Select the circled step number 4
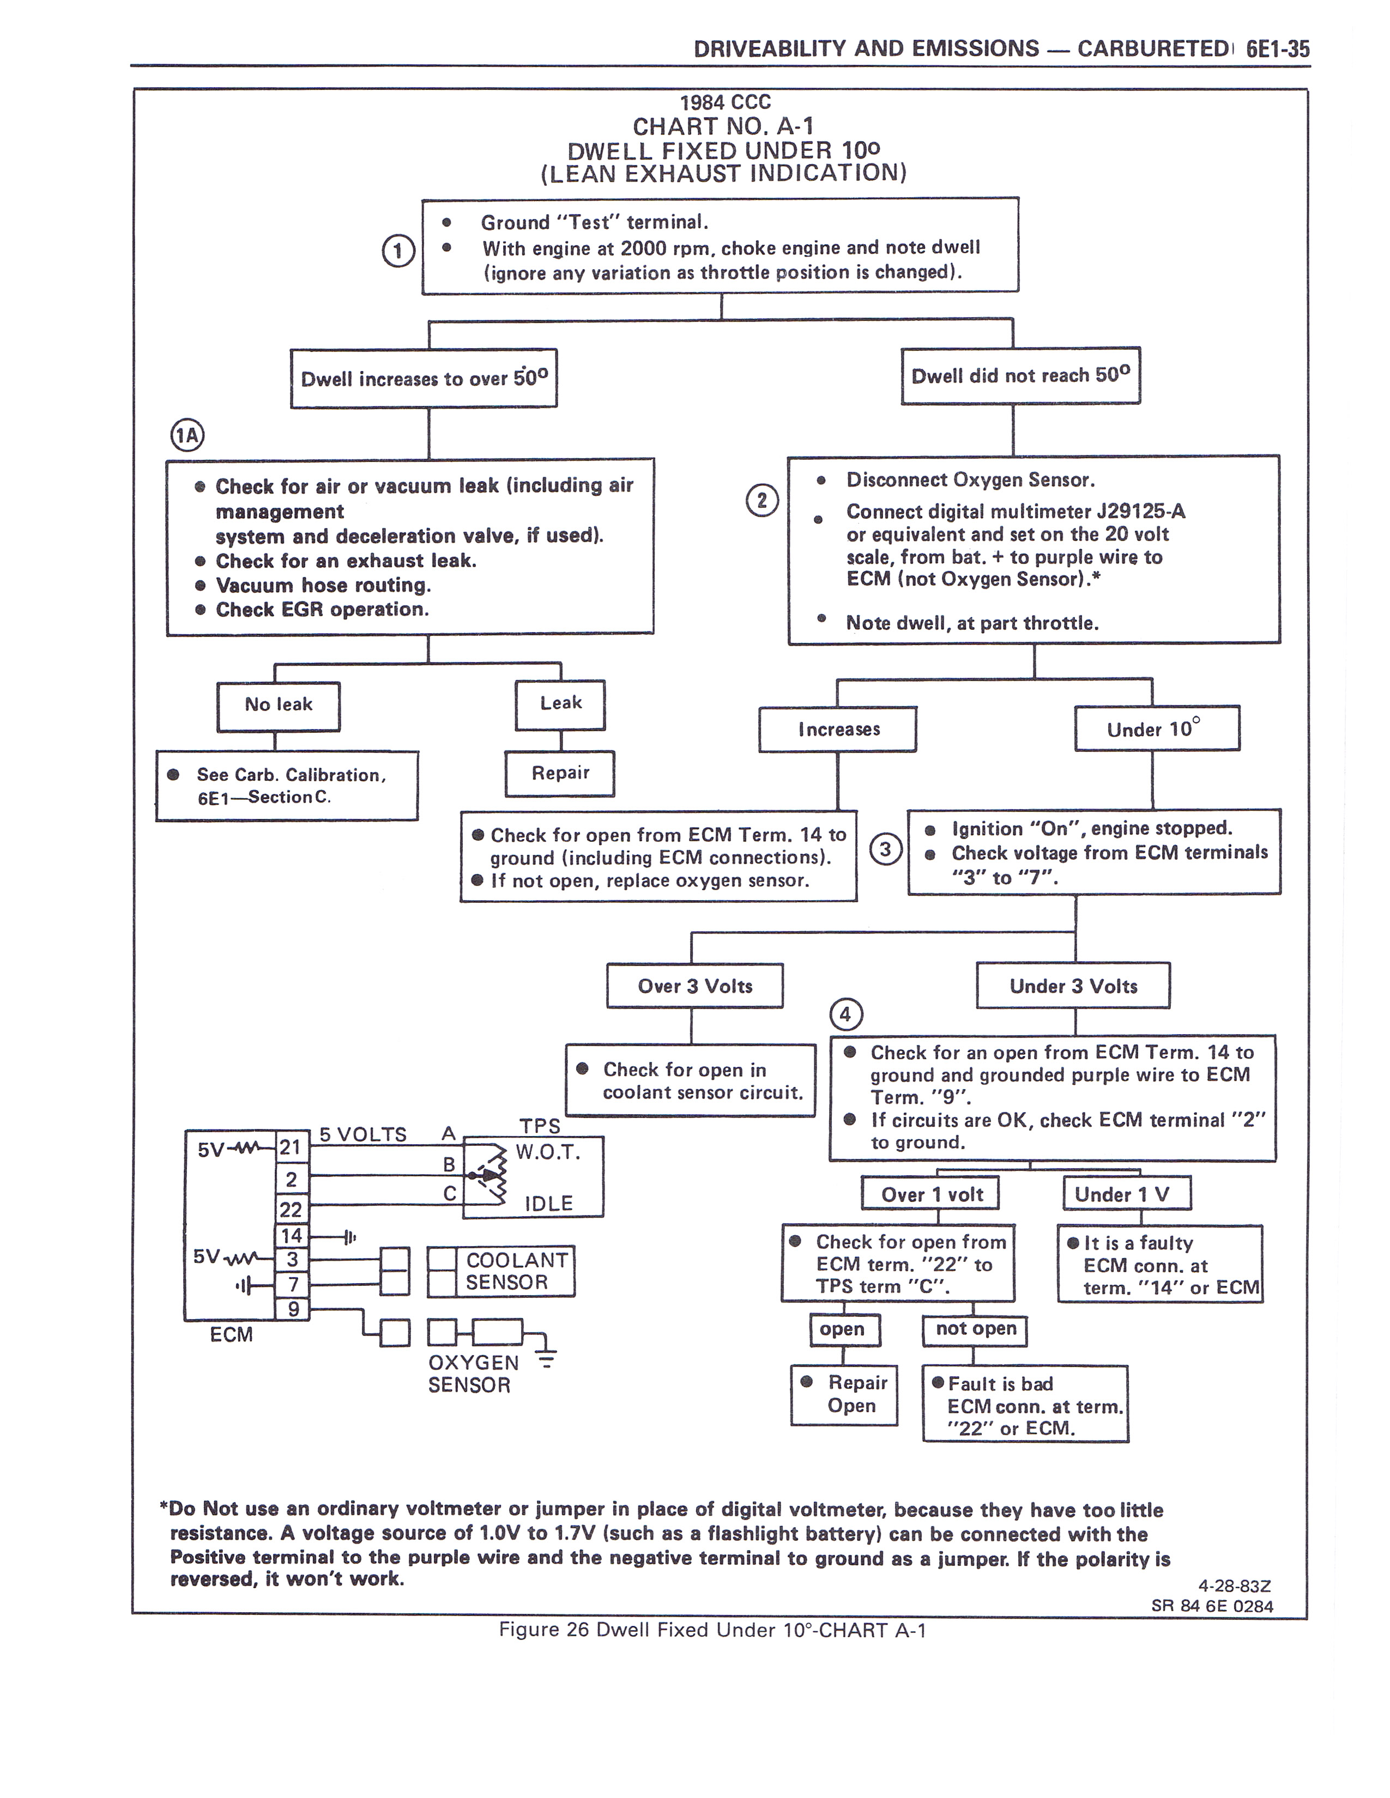click(x=845, y=1015)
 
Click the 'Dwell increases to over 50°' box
click(x=423, y=379)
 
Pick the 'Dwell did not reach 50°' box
click(x=1020, y=376)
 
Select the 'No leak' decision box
click(x=279, y=706)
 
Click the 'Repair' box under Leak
click(x=560, y=773)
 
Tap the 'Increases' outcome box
click(x=837, y=730)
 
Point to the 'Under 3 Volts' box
click(x=1073, y=986)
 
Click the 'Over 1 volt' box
click(x=930, y=1194)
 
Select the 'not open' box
click(x=975, y=1329)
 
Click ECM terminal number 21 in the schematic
click(x=291, y=1147)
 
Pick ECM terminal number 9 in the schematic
click(x=292, y=1309)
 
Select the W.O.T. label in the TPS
click(x=548, y=1152)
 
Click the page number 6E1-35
click(x=1277, y=50)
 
